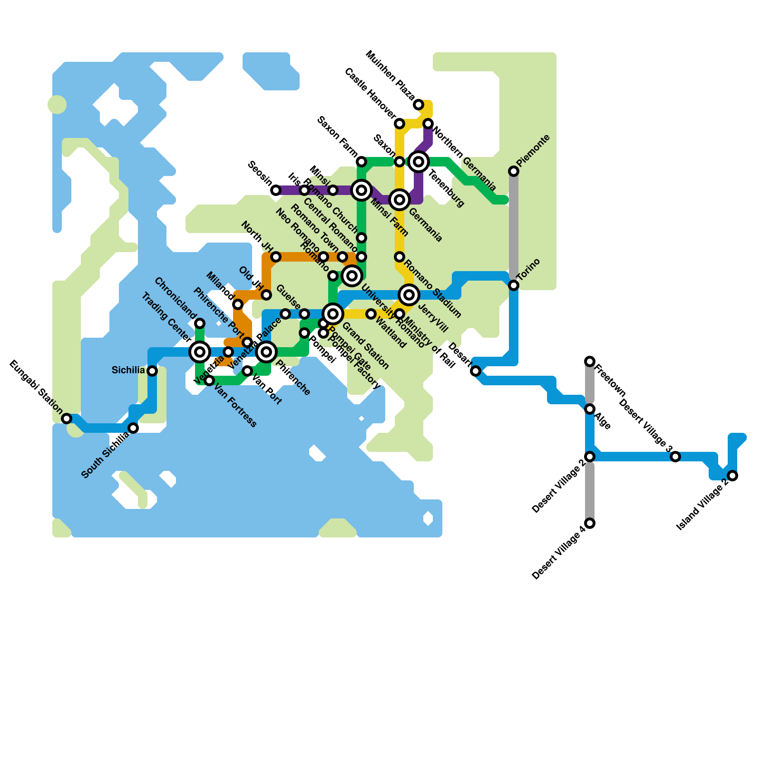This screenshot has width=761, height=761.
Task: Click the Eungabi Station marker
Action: [x=67, y=419]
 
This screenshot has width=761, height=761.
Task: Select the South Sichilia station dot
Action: [x=134, y=428]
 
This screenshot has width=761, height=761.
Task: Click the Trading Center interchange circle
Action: [x=200, y=352]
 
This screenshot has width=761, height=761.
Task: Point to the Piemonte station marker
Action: [x=514, y=171]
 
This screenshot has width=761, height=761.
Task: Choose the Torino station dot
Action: [x=514, y=285]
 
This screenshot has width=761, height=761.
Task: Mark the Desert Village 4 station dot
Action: [x=590, y=523]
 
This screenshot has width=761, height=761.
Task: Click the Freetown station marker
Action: [x=590, y=361]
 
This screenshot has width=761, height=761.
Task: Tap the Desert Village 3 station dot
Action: [x=675, y=457]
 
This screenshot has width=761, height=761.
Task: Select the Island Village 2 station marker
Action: [x=732, y=476]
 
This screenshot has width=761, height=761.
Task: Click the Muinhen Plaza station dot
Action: [x=419, y=105]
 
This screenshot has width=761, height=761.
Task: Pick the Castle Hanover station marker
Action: [x=400, y=124]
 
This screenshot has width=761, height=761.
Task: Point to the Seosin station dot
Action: [x=276, y=190]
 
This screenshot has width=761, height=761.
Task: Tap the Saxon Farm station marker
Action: [x=361, y=162]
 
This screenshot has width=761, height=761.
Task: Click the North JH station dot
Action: [x=276, y=257]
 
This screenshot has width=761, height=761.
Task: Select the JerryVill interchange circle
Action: [x=409, y=295]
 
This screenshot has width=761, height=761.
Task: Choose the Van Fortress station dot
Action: [x=209, y=380]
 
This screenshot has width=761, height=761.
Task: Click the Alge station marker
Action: [x=590, y=409]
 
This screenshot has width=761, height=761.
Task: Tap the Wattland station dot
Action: [x=371, y=314]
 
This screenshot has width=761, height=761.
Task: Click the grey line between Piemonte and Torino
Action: [x=514, y=228]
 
